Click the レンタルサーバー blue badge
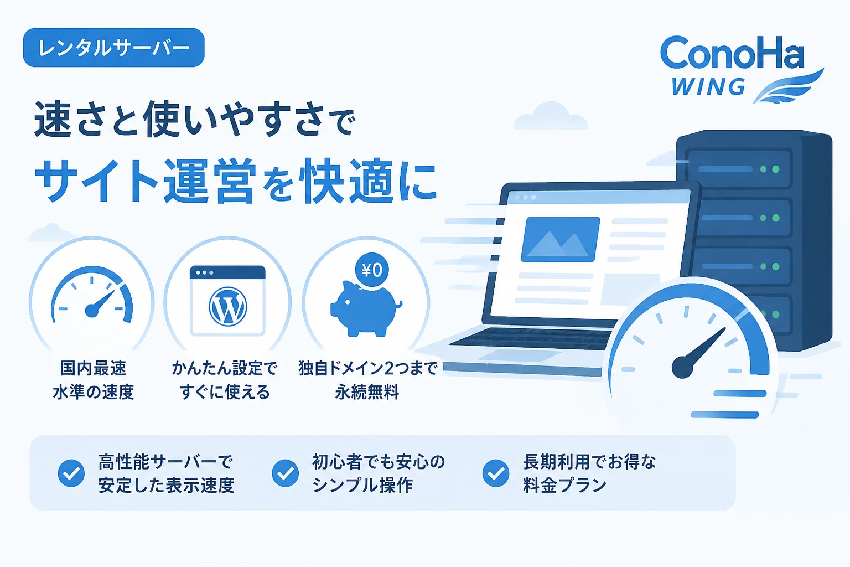pyautogui.click(x=114, y=48)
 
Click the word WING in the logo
pyautogui.click(x=708, y=86)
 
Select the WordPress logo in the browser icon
pyautogui.click(x=227, y=306)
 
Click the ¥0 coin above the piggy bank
pyautogui.click(x=372, y=270)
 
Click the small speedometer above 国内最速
pyautogui.click(x=92, y=296)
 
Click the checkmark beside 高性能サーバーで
pyautogui.click(x=71, y=473)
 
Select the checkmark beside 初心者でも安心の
pyautogui.click(x=286, y=473)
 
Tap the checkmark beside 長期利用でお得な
pyautogui.click(x=496, y=473)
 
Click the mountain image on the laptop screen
pyautogui.click(x=560, y=239)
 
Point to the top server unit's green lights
pyautogui.click(x=770, y=169)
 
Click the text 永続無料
pyautogui.click(x=367, y=392)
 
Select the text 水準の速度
pyautogui.click(x=94, y=392)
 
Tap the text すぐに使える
pyautogui.click(x=225, y=392)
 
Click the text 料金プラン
pyautogui.click(x=564, y=485)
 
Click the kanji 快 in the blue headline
pyautogui.click(x=320, y=181)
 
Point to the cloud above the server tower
pyautogui.click(x=551, y=116)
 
